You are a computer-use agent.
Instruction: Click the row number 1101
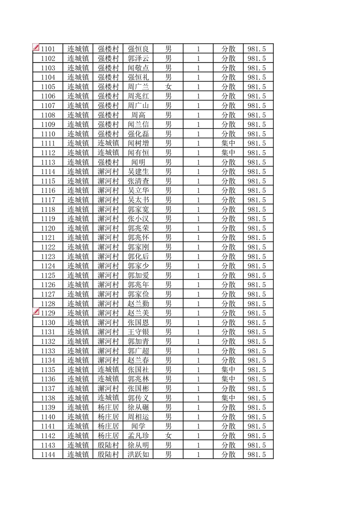click(48, 49)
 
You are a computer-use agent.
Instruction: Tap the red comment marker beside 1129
click(36, 312)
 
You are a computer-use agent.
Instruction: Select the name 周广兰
click(138, 87)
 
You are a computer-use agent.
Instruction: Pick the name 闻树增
click(138, 143)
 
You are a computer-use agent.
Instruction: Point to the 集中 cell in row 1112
click(228, 153)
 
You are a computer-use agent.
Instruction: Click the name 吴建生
click(138, 171)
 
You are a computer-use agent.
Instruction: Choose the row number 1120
click(48, 228)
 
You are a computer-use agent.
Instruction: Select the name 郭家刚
click(138, 247)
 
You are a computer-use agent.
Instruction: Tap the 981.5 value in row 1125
click(257, 275)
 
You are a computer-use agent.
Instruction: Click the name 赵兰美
click(138, 313)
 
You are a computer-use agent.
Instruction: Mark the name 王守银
click(138, 332)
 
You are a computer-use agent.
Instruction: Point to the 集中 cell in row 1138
click(228, 398)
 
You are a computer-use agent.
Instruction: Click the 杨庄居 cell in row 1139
click(108, 407)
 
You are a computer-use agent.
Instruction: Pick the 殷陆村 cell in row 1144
click(108, 455)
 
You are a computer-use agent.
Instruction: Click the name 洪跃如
click(138, 455)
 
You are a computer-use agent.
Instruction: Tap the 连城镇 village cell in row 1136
click(108, 379)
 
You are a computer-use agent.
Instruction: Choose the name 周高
click(138, 115)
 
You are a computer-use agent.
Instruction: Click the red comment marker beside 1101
click(36, 47)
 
